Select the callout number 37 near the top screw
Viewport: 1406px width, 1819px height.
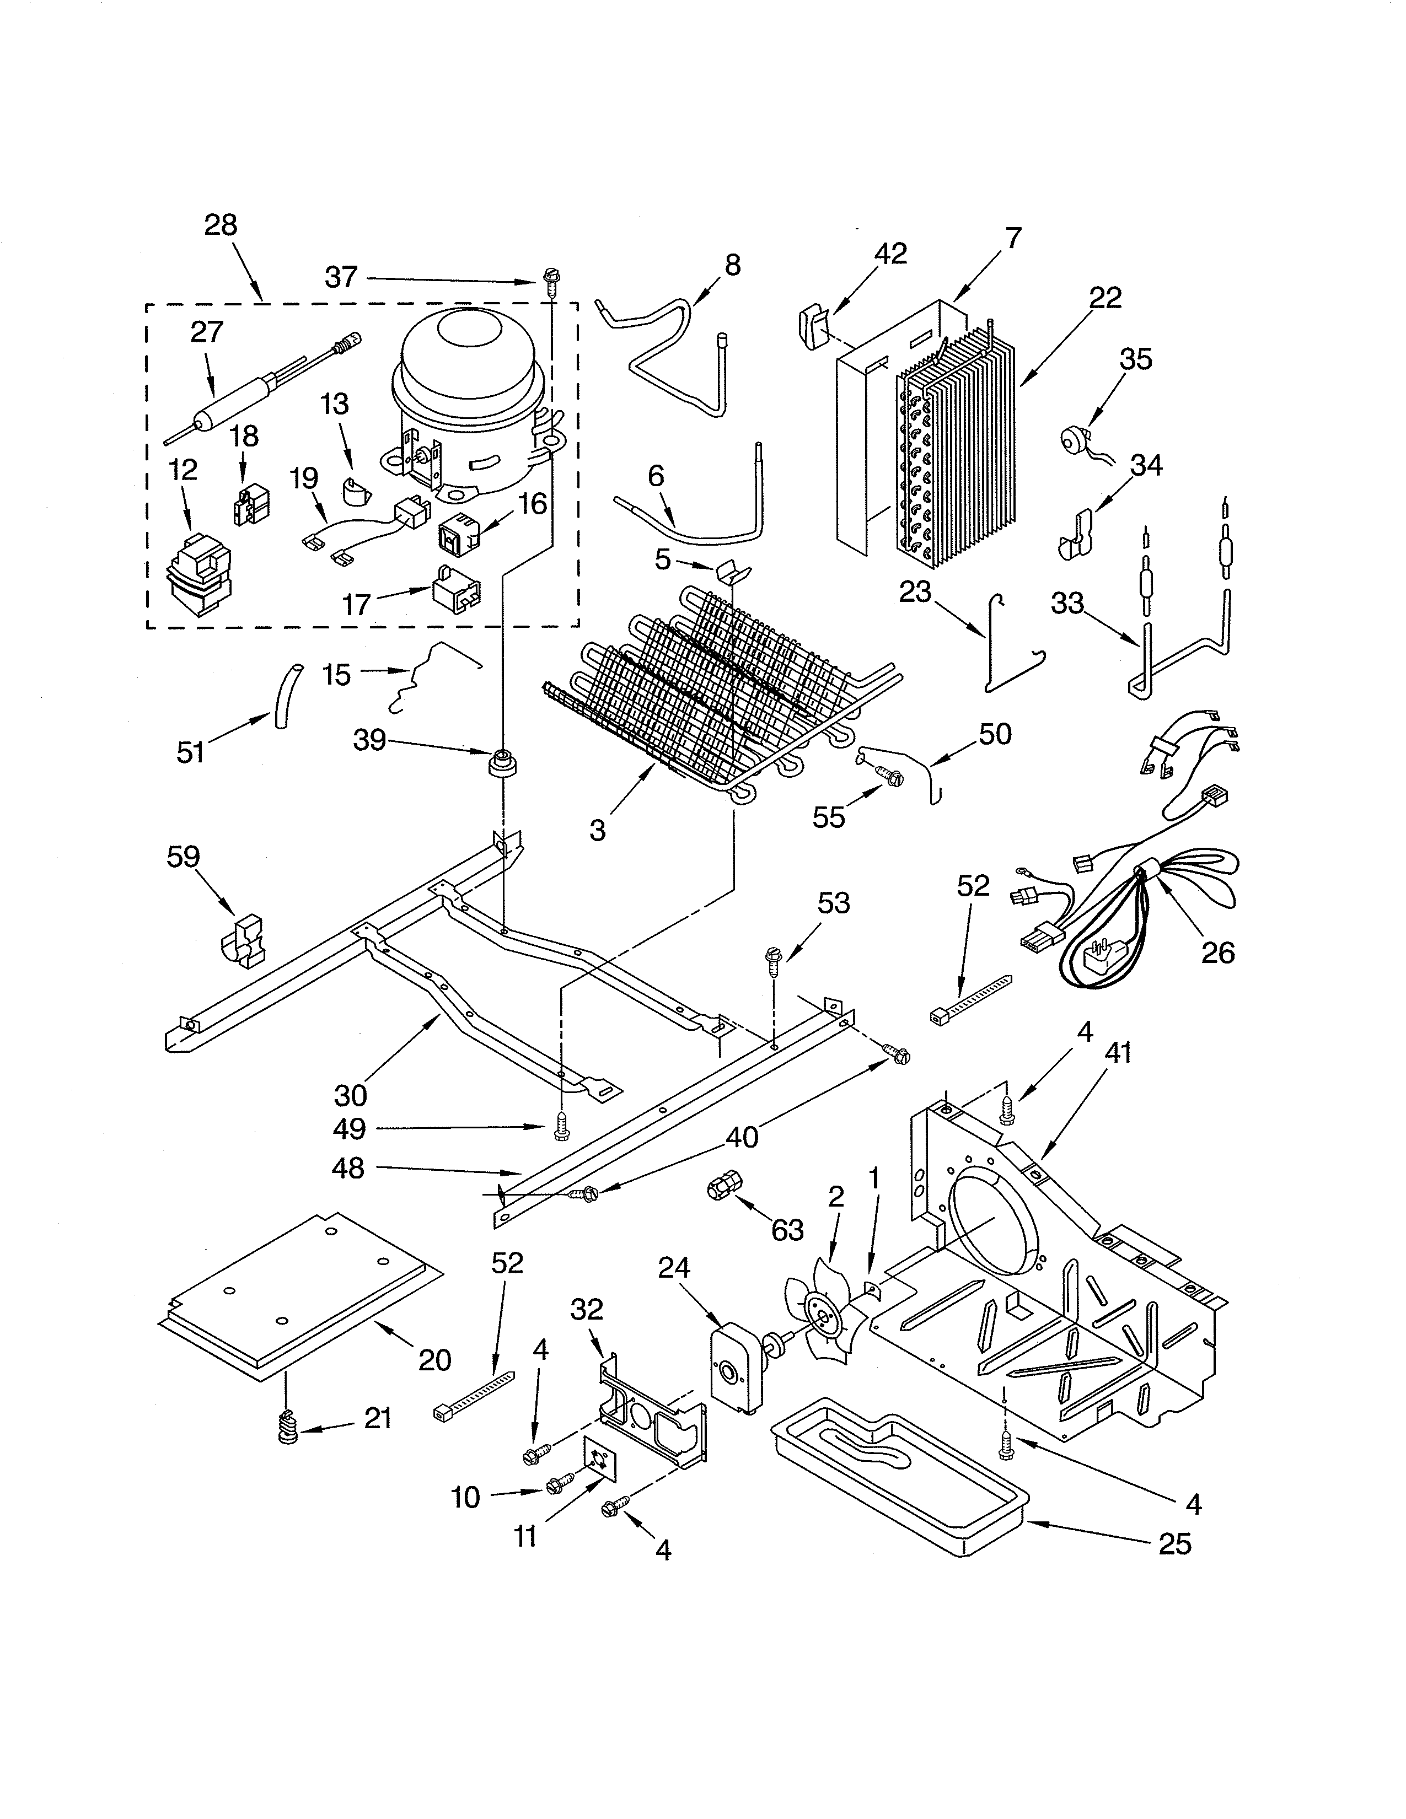click(x=341, y=277)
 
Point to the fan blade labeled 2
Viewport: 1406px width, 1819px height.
click(x=820, y=1317)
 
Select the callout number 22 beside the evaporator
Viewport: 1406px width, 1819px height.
click(x=1104, y=298)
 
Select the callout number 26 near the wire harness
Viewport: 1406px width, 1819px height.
click(x=1217, y=952)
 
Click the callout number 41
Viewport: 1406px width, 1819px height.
click(x=1118, y=1053)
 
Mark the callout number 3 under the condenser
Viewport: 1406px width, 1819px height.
click(x=597, y=830)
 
